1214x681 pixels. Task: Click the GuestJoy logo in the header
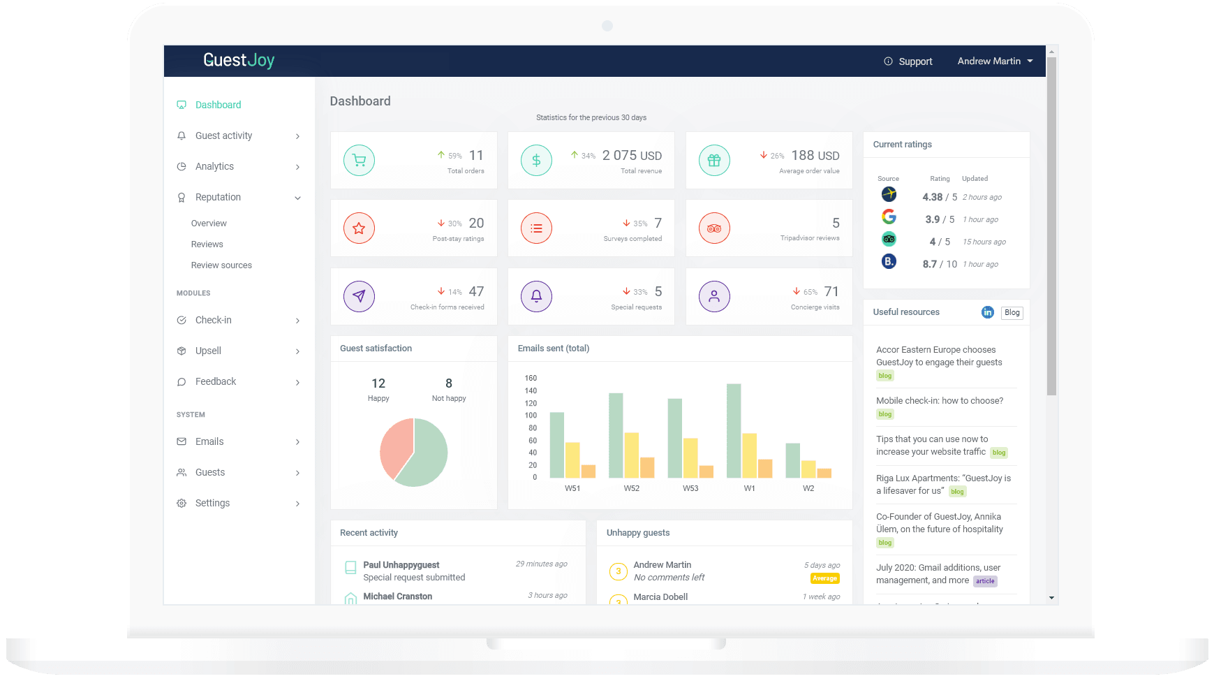click(x=239, y=61)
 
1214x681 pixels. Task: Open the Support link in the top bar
click(x=908, y=61)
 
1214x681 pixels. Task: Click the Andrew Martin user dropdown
click(x=994, y=61)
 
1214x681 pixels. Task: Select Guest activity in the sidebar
click(x=223, y=136)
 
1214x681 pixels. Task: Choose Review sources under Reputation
click(x=221, y=265)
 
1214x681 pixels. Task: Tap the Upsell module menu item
click(x=208, y=351)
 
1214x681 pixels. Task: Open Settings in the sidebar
click(x=212, y=503)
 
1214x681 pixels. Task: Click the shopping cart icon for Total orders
click(x=359, y=160)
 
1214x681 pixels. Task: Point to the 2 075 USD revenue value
click(x=632, y=156)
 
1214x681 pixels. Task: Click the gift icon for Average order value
click(x=714, y=160)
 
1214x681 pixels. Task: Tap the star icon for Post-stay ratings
click(x=359, y=228)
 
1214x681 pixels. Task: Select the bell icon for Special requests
click(x=536, y=296)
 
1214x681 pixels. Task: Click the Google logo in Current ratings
click(x=889, y=217)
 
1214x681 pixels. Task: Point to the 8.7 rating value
click(x=929, y=264)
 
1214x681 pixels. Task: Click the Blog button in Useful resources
click(x=1012, y=312)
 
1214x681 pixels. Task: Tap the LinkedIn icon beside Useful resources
click(x=987, y=312)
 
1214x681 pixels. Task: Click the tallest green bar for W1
click(x=733, y=430)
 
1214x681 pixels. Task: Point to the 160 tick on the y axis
click(x=531, y=379)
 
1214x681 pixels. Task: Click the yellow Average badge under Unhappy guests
click(x=824, y=578)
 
